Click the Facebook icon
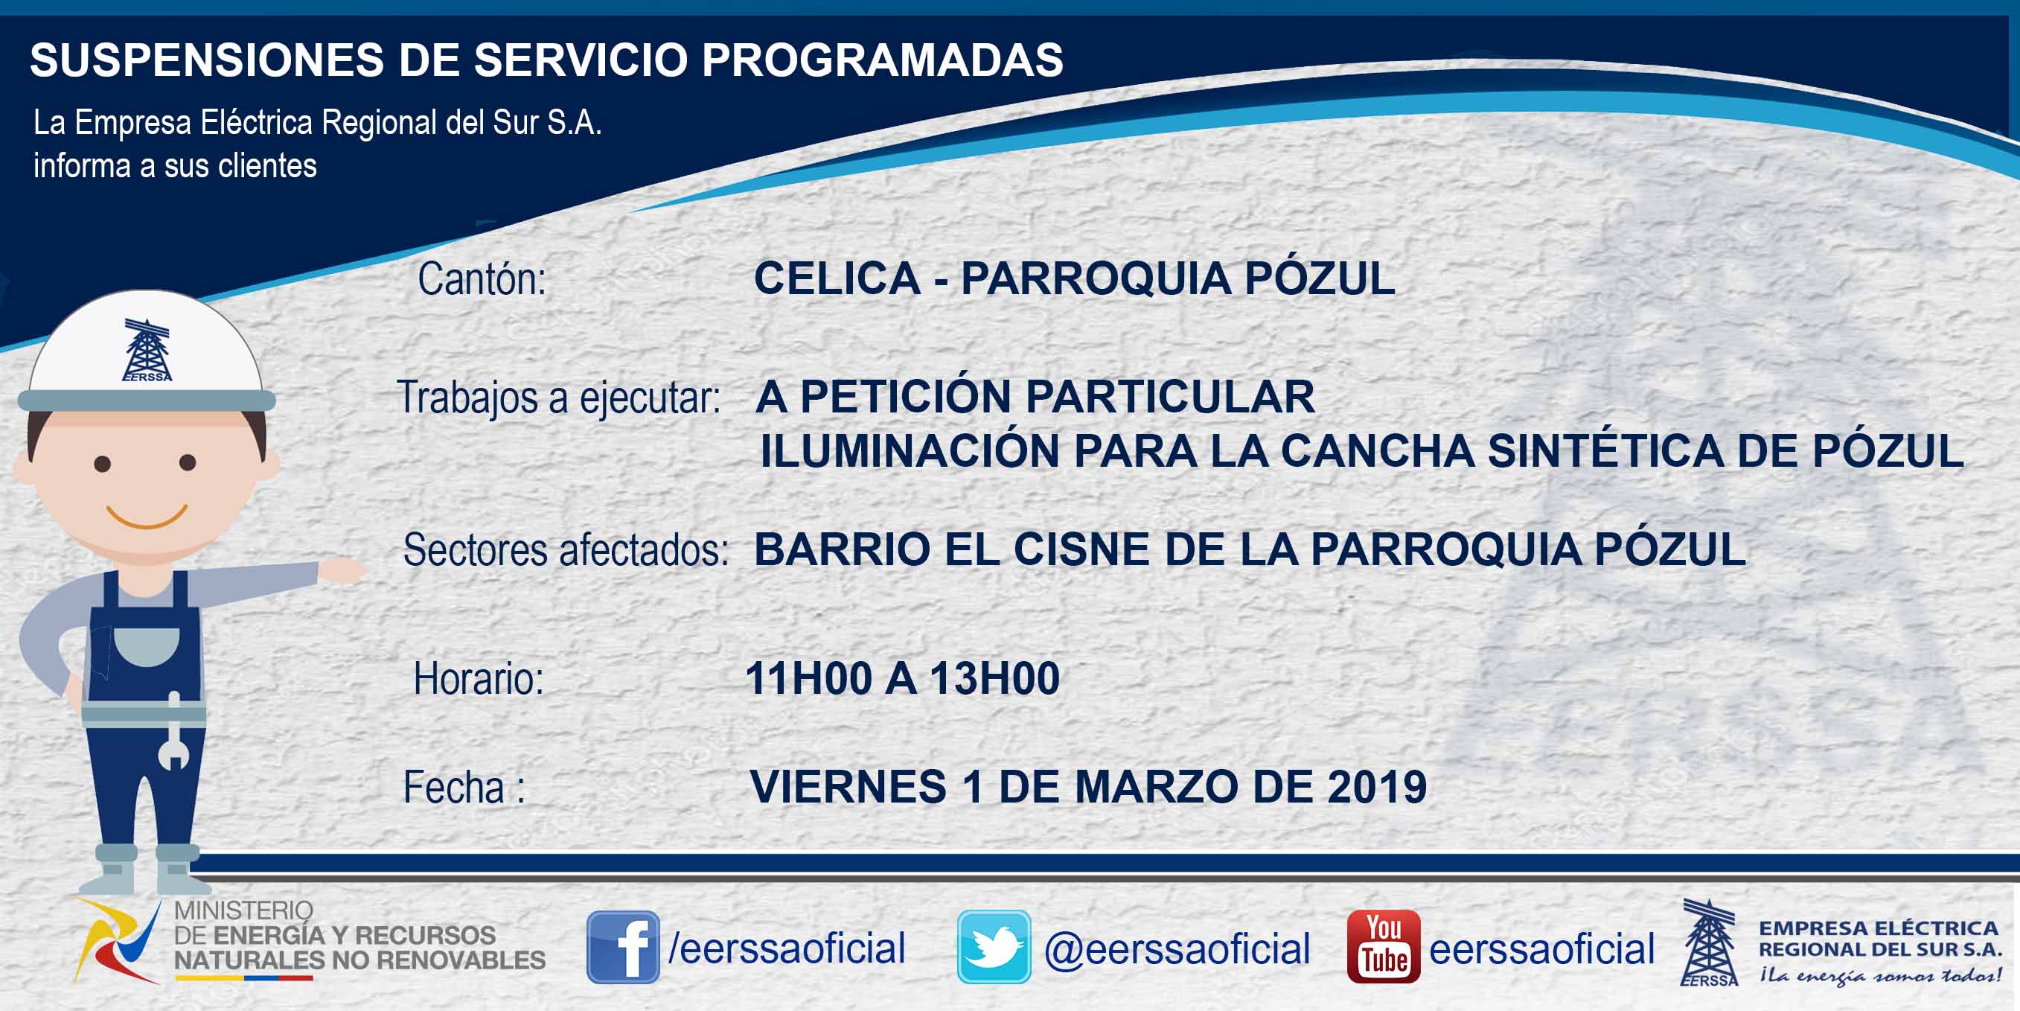pyautogui.click(x=623, y=947)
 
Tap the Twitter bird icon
pyautogui.click(x=994, y=947)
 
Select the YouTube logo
pyautogui.click(x=1383, y=947)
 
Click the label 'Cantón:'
pyautogui.click(x=482, y=278)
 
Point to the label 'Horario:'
pyautogui.click(x=479, y=678)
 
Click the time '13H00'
pyautogui.click(x=994, y=678)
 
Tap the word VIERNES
pyautogui.click(x=848, y=787)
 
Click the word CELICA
pyautogui.click(x=837, y=278)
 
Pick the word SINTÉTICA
pyautogui.click(x=1605, y=451)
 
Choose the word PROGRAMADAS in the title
pyautogui.click(x=882, y=60)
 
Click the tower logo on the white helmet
pyautogui.click(x=147, y=350)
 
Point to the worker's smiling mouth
pyautogui.click(x=147, y=516)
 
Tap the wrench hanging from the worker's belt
pyautogui.click(x=173, y=731)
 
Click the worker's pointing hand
pyautogui.click(x=342, y=570)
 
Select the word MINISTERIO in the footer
pyautogui.click(x=243, y=910)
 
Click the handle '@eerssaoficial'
pyautogui.click(x=1177, y=949)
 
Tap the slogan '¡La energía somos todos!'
pyautogui.click(x=1880, y=976)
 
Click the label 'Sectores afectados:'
pyautogui.click(x=566, y=550)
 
